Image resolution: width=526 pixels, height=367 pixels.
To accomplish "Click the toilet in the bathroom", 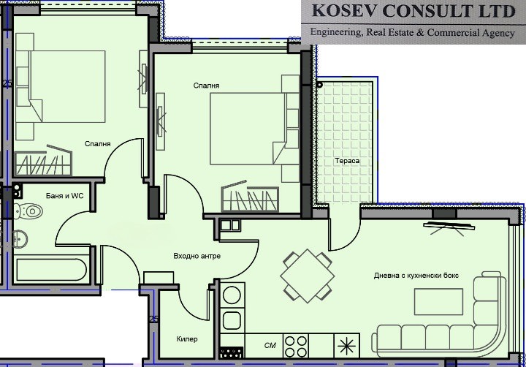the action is (28, 211).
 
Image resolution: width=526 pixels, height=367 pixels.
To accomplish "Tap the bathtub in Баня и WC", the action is (51, 269).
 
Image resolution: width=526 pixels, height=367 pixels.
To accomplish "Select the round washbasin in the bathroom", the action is (20, 239).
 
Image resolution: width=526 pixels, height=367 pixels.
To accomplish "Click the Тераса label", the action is (347, 161).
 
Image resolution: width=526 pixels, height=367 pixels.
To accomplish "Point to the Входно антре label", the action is (197, 256).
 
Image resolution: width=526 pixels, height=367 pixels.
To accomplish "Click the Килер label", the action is (187, 339).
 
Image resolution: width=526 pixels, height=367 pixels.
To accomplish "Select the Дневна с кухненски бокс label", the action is (416, 276).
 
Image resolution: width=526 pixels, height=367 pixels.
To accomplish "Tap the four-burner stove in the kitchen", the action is (296, 347).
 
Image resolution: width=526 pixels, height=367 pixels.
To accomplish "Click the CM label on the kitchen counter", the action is (270, 346).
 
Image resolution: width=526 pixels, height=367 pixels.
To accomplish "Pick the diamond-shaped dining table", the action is (308, 276).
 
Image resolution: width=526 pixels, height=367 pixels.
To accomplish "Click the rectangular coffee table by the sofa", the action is (438, 301).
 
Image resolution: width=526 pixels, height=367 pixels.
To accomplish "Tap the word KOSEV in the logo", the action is (344, 11).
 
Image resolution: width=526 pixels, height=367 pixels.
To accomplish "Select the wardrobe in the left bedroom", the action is (43, 161).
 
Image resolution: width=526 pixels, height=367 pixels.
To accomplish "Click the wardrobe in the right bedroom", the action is (250, 197).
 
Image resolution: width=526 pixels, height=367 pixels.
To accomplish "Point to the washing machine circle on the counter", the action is (232, 295).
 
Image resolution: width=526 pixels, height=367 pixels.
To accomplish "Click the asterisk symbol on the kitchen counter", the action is (346, 347).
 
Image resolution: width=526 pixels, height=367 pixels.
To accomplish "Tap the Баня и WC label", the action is (65, 196).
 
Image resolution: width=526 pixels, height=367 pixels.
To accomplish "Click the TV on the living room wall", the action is (449, 227).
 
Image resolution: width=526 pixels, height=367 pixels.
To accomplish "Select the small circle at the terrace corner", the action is (320, 85).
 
